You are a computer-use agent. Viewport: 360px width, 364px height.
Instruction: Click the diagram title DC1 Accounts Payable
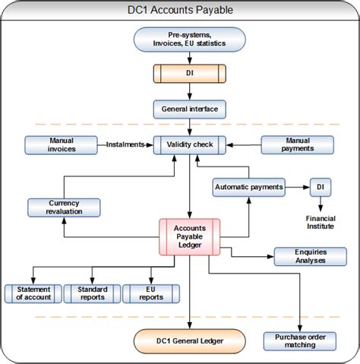coord(179,10)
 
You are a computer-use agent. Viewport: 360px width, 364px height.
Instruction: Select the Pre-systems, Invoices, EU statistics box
coord(189,40)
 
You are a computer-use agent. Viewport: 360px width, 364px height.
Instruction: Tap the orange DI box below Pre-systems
coord(189,74)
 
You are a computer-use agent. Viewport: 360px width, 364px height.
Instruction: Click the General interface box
coord(189,109)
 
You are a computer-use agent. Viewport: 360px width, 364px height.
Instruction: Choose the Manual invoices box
coord(62,144)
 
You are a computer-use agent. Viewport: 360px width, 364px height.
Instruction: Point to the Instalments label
coord(125,144)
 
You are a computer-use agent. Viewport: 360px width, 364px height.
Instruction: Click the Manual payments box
coord(298,144)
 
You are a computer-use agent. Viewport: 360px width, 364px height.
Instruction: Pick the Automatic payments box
coord(249,186)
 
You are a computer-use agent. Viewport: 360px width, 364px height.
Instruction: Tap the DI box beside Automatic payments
coord(321,186)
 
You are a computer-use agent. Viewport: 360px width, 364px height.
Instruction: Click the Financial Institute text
coord(321,222)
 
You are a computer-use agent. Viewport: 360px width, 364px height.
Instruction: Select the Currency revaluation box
coord(64,207)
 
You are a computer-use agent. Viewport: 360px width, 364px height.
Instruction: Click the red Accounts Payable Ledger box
coord(189,236)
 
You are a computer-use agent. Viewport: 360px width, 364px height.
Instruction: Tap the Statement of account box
coord(33,293)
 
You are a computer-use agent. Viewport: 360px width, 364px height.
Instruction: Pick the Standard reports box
coord(92,293)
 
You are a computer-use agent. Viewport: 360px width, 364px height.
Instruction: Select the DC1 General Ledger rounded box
coord(189,341)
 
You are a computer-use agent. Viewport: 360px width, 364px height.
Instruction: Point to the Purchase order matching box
coord(299,341)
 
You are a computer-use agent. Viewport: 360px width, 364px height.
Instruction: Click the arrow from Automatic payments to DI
coord(298,186)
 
